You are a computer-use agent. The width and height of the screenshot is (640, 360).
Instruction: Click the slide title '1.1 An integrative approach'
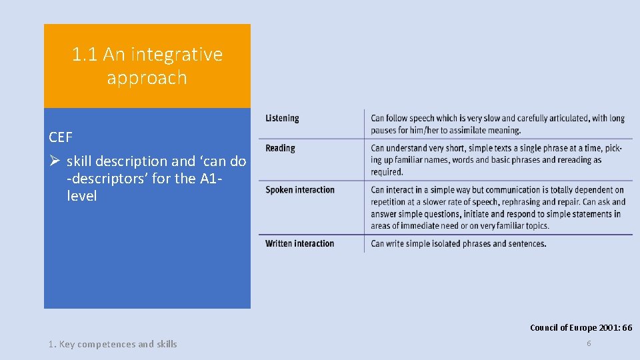coord(147,65)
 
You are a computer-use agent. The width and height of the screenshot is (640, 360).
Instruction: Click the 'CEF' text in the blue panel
coord(61,137)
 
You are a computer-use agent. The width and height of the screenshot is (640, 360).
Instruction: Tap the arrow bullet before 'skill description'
coord(55,161)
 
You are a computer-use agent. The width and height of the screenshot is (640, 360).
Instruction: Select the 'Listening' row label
coord(282,119)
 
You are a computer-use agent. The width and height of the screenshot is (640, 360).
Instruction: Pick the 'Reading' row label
coord(280,148)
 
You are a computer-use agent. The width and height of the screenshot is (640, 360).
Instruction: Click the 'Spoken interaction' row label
coord(300,190)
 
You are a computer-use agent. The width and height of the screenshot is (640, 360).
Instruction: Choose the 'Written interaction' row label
coord(300,243)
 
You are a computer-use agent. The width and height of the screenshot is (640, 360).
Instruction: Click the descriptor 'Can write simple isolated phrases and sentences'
coord(458,243)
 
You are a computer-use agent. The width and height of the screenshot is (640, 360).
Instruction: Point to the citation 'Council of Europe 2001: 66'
coord(581,327)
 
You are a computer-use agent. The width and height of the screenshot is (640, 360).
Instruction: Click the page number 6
coord(589,343)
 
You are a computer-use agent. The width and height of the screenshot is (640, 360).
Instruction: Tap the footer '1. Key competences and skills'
coord(113,344)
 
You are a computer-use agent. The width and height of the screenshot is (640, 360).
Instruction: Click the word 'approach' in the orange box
coord(147,77)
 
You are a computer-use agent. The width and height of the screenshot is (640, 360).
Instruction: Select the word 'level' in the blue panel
coord(81,196)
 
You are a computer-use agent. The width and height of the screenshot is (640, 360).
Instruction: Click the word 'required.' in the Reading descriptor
coord(387,172)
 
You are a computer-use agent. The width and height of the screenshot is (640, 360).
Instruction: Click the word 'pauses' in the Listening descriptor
coord(383,130)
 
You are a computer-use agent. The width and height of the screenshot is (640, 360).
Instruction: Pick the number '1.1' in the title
coord(85,54)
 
